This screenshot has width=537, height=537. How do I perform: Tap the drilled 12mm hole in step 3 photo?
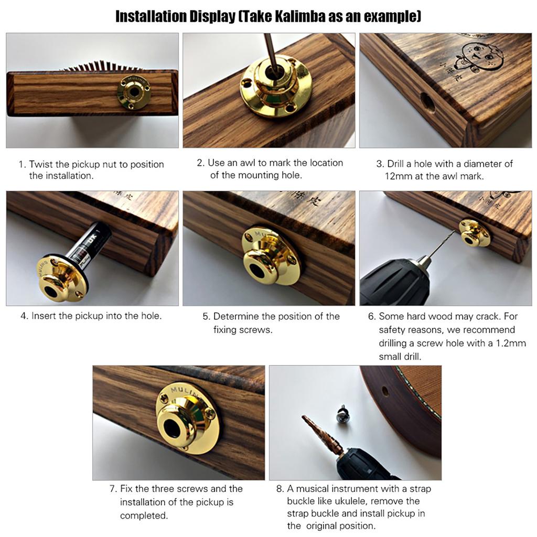pyautogui.click(x=428, y=102)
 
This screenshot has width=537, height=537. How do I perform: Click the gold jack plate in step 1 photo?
pyautogui.click(x=134, y=92)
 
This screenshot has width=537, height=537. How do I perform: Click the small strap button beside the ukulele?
pyautogui.click(x=342, y=414)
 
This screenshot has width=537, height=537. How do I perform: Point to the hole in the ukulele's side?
pyautogui.click(x=385, y=391)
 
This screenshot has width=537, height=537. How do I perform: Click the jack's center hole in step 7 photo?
pyautogui.click(x=172, y=428)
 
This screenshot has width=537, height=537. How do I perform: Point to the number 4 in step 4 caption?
pyautogui.click(x=23, y=316)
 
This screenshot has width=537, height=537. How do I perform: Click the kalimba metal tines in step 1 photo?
pyautogui.click(x=103, y=66)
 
